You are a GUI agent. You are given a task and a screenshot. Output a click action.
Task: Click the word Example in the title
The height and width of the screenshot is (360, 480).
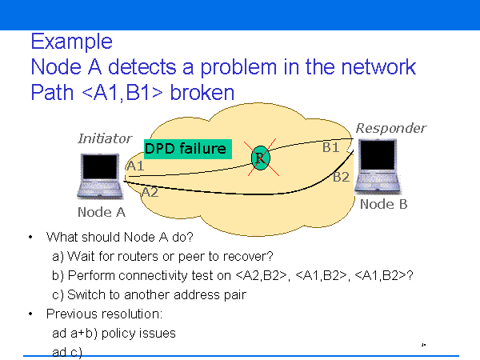70,41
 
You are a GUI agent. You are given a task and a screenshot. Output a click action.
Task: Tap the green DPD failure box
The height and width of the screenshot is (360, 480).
186,149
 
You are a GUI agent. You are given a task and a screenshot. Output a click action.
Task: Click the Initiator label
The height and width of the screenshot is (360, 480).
105,138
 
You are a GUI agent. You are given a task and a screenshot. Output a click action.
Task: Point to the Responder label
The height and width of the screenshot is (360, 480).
390,128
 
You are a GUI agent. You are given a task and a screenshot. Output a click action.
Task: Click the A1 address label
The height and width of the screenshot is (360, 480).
135,166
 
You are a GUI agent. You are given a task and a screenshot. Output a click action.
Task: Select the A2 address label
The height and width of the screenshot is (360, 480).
150,192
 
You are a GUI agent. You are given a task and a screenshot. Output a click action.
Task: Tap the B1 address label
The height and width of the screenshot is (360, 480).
331,147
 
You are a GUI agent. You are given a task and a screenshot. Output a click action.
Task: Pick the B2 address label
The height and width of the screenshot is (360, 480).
342,177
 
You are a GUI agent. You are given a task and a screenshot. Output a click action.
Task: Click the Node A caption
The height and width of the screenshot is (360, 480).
102,212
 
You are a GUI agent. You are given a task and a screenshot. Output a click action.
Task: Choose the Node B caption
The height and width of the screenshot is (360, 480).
383,204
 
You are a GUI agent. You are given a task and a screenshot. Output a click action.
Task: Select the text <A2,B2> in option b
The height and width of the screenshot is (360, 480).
262,275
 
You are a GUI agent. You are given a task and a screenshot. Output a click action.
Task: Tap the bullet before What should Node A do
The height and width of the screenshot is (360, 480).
30,238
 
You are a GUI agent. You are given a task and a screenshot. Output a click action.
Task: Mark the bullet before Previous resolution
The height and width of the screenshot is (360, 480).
30,314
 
